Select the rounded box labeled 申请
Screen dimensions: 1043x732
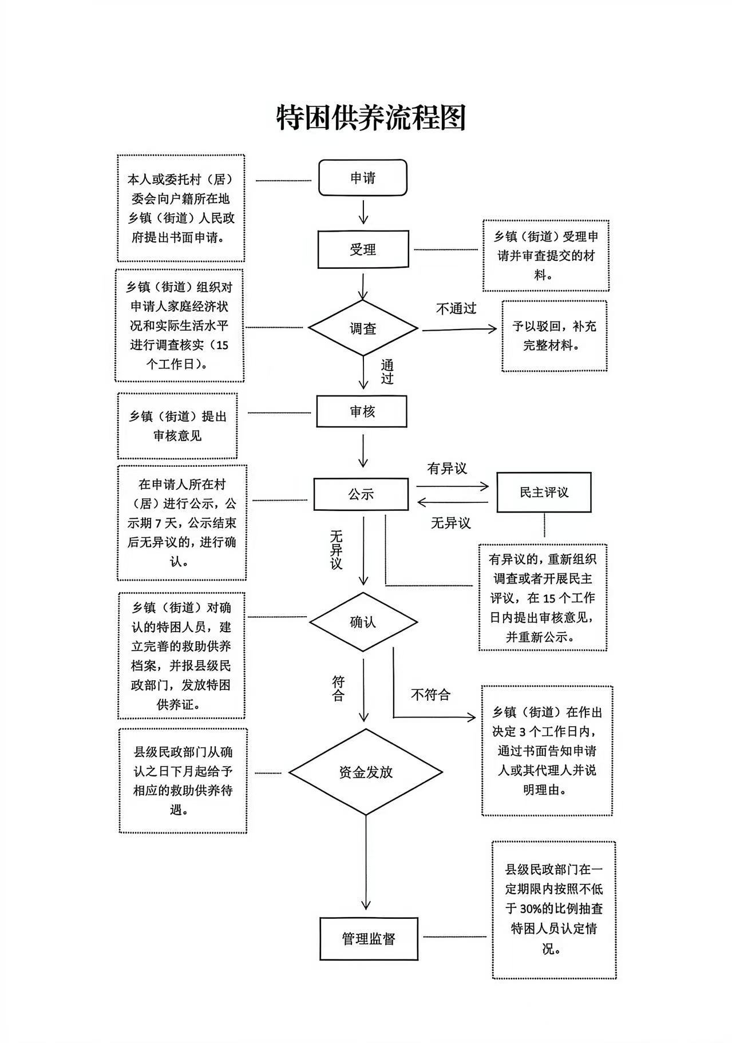[363, 178]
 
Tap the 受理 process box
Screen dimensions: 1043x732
[363, 249]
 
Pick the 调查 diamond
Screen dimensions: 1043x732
[363, 329]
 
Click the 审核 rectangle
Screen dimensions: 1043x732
[362, 411]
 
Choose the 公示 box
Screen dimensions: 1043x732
[361, 494]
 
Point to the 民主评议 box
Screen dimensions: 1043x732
[544, 493]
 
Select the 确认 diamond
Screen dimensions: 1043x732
[363, 622]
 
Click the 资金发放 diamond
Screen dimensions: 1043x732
[366, 772]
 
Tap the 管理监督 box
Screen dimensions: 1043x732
[369, 939]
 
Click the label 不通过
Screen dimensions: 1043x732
[456, 309]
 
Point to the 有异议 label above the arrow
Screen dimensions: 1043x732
[447, 469]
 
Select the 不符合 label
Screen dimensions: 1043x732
[430, 695]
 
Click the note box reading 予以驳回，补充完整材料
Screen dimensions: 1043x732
[555, 336]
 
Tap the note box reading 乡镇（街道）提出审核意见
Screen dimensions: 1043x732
[177, 426]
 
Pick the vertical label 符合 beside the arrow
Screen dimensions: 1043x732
[338, 688]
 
